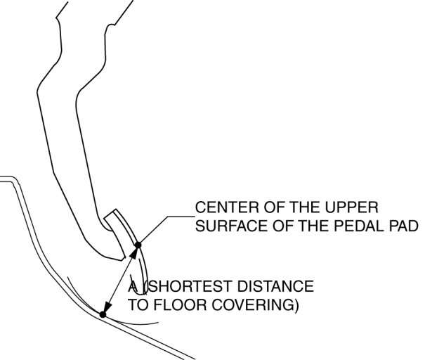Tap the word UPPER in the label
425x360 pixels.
354,209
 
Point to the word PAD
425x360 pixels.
403,226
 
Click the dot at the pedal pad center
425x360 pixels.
138,245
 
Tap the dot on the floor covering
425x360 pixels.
103,314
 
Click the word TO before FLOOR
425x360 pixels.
138,306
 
